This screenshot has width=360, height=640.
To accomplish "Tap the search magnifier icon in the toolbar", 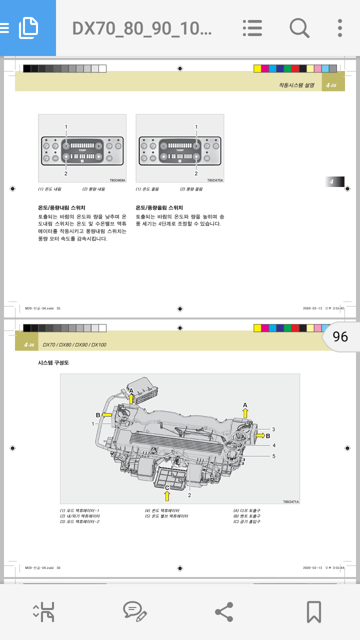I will click(x=299, y=28).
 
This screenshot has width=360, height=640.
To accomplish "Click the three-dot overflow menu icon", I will click(x=340, y=28).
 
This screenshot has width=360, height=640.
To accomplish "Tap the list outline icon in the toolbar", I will click(x=252, y=28).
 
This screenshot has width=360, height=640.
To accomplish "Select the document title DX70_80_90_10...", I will click(x=142, y=28).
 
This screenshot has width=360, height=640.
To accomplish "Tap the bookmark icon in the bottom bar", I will click(x=313, y=611).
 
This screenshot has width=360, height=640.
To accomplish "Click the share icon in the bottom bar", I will click(x=223, y=611).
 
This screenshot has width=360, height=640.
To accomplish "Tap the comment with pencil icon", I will click(x=134, y=611).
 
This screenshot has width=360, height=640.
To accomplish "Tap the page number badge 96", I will click(x=340, y=336).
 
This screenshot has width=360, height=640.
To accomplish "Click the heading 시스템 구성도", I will click(x=53, y=362).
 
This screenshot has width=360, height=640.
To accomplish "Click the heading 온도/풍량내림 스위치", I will click(x=61, y=207).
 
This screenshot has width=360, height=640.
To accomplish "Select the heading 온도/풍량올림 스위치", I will click(x=159, y=207).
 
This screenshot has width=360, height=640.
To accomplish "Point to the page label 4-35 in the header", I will click(x=331, y=85).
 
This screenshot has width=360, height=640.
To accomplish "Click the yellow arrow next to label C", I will click(x=167, y=495).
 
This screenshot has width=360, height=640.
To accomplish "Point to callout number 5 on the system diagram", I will click(x=273, y=456).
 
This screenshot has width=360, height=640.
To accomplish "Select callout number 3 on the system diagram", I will click(x=273, y=429).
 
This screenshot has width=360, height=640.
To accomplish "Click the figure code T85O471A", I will click(x=290, y=501).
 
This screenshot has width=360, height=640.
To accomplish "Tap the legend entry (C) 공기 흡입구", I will click(x=247, y=521).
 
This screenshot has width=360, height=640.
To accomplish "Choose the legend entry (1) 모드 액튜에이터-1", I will click(x=79, y=510).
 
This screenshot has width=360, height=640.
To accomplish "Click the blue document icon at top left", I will click(x=28, y=28).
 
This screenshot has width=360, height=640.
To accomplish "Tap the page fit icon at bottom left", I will click(x=43, y=611).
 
